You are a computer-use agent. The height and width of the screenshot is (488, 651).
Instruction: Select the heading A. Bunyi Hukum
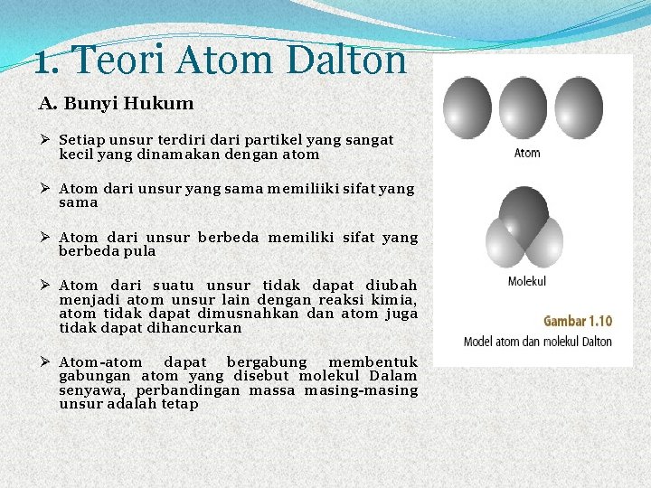(x=116, y=103)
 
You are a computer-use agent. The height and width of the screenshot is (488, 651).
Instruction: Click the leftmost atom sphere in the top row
(x=468, y=108)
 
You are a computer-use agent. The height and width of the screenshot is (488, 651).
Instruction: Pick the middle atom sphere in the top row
(x=524, y=108)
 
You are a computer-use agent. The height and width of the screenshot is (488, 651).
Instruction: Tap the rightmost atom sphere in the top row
(x=580, y=108)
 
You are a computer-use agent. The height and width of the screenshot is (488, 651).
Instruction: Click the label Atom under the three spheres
(x=527, y=153)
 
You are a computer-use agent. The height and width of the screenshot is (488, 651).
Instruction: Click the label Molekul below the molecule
(x=527, y=281)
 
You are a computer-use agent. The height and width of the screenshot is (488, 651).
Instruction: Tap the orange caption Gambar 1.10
(x=577, y=321)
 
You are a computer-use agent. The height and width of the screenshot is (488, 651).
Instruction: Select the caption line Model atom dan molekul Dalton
(x=537, y=342)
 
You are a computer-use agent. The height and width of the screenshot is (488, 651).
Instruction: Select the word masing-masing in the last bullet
(x=361, y=390)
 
